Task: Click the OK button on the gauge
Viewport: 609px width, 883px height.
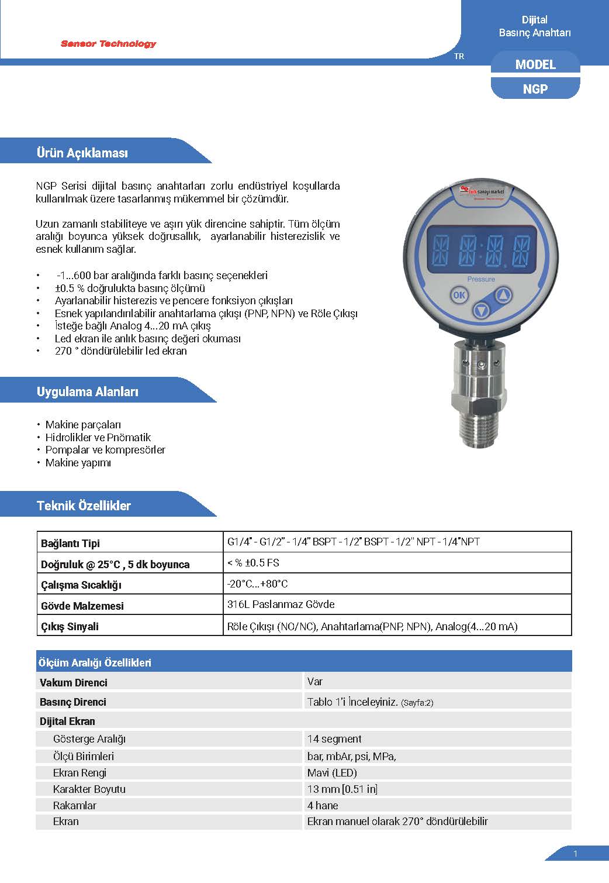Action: coord(459,295)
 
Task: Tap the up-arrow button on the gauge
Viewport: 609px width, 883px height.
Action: coord(504,294)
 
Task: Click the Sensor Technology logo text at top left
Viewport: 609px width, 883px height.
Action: coord(109,44)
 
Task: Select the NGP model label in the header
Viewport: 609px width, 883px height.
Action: coord(535,89)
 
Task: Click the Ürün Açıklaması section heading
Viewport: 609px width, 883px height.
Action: coord(82,153)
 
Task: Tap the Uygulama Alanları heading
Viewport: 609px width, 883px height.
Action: coord(88,392)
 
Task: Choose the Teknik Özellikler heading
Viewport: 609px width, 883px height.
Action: coord(84,506)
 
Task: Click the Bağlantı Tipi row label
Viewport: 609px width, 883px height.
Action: coord(71,544)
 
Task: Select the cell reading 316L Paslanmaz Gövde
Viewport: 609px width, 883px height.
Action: coord(281,604)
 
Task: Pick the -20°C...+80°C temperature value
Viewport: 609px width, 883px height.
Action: coord(258,584)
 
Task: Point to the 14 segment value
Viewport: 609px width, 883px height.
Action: coord(334,739)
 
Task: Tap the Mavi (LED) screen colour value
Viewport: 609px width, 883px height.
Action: coord(332,772)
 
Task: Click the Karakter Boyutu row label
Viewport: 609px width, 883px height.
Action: coord(89,789)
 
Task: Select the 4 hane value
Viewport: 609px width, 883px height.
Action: coord(323,805)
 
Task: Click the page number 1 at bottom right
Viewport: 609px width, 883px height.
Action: coord(575,854)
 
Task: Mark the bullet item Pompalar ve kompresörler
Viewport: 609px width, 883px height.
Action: coord(105,450)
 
